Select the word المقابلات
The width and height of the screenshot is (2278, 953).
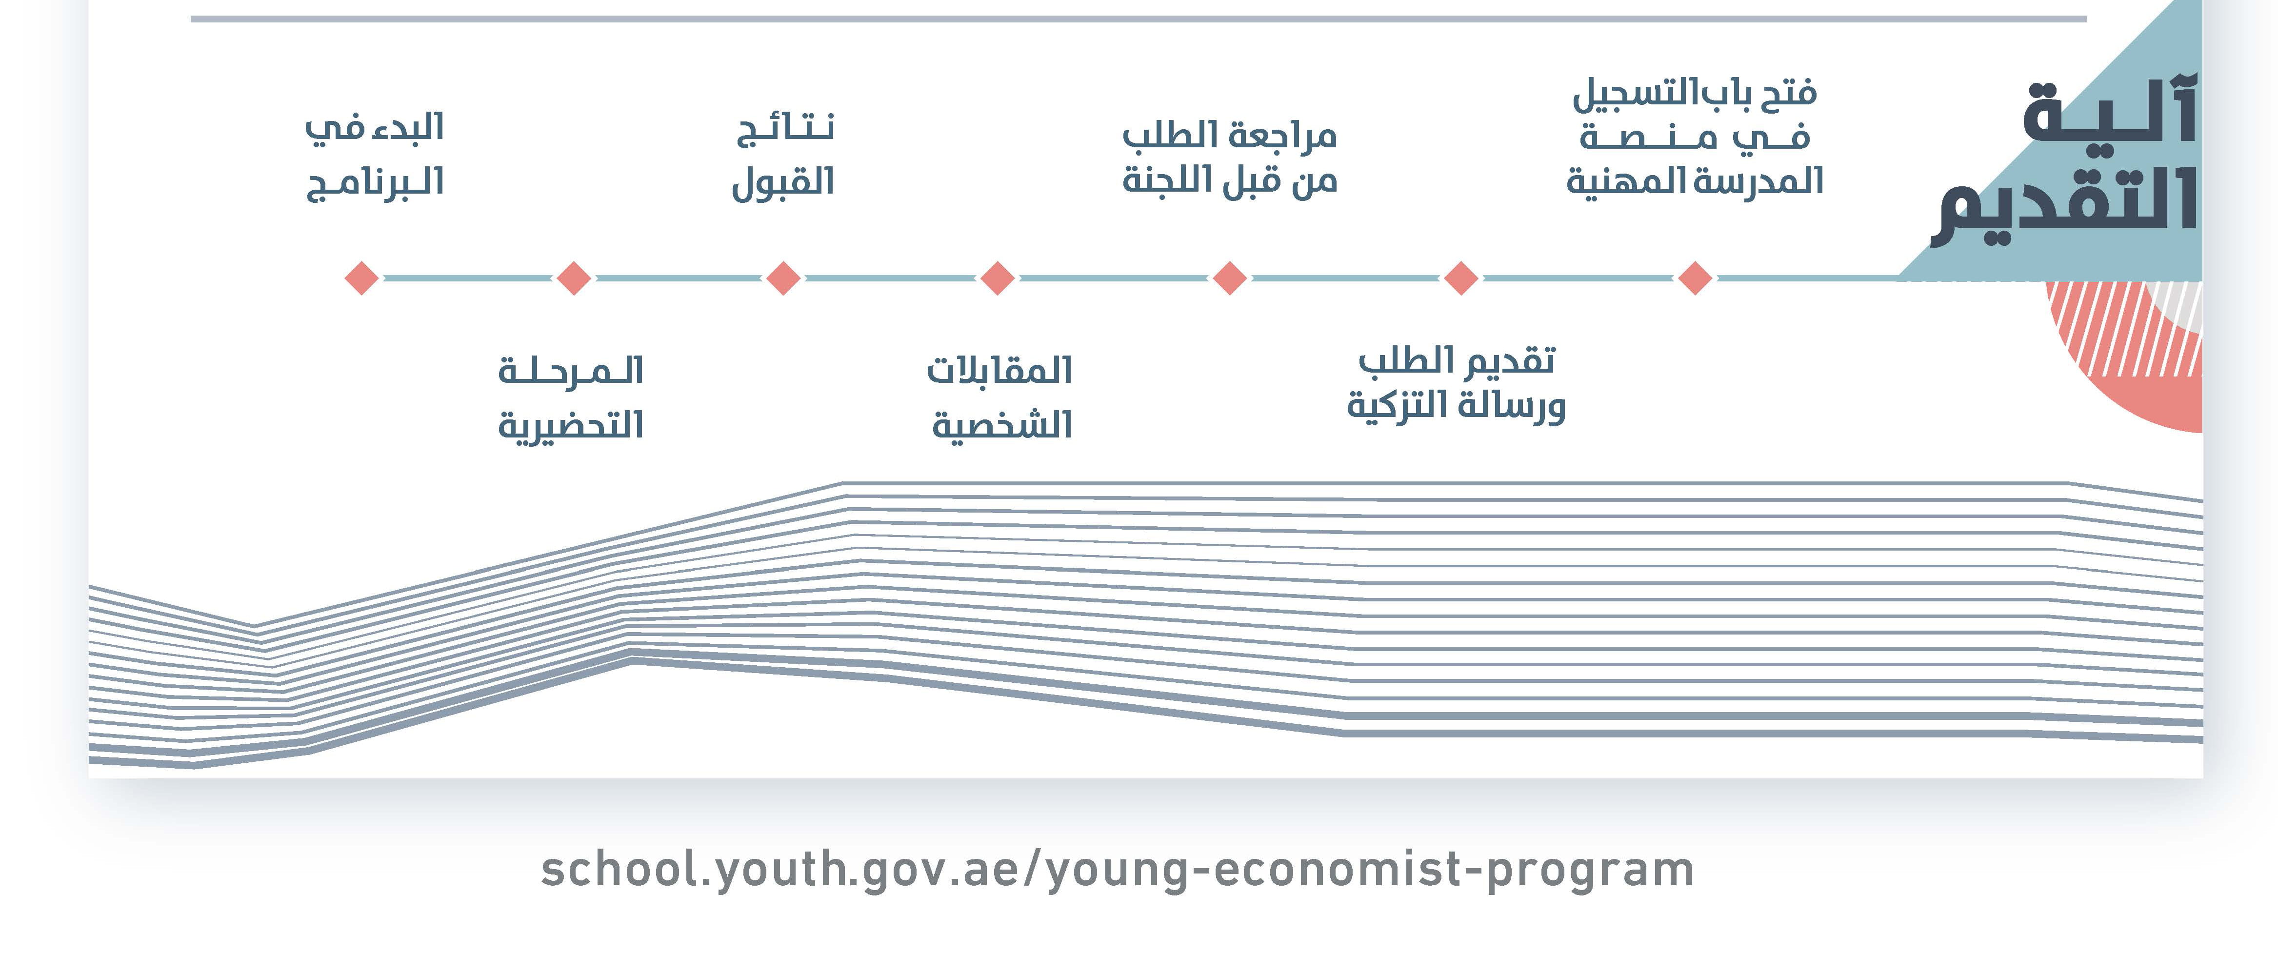pyautogui.click(x=999, y=370)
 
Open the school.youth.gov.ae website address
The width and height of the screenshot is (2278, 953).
pyautogui.click(x=1117, y=870)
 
